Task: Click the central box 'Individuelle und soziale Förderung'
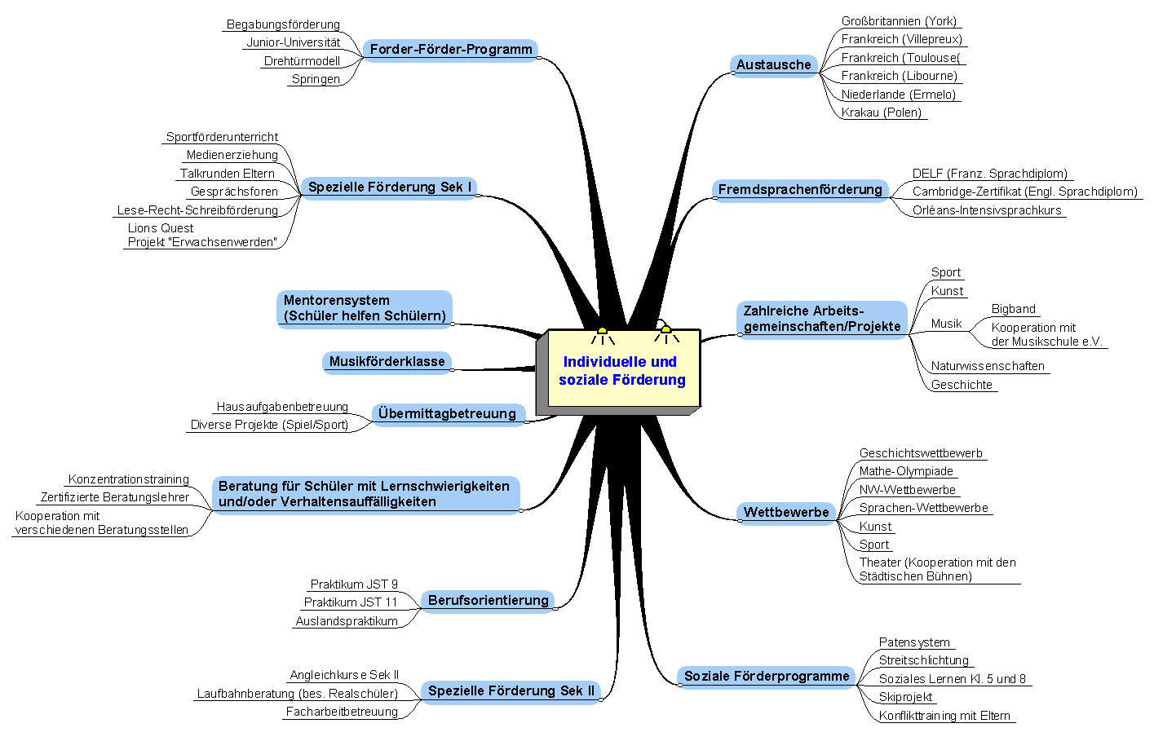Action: pyautogui.click(x=622, y=370)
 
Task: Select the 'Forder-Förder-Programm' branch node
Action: pyautogui.click(x=451, y=49)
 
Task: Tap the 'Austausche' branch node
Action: pyautogui.click(x=773, y=64)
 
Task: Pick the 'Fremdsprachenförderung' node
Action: pyautogui.click(x=800, y=190)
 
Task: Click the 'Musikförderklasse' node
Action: pyautogui.click(x=387, y=361)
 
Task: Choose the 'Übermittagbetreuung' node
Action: pyautogui.click(x=447, y=413)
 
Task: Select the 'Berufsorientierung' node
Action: pyautogui.click(x=488, y=600)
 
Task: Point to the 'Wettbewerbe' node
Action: pyautogui.click(x=786, y=512)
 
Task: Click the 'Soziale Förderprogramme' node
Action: pyautogui.click(x=767, y=676)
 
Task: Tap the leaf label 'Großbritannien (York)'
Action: pyautogui.click(x=899, y=21)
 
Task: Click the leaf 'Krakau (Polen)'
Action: pyautogui.click(x=882, y=112)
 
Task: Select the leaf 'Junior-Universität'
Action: pyautogui.click(x=294, y=42)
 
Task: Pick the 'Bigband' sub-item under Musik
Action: pyautogui.click(x=1014, y=309)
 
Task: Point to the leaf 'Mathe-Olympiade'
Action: pyautogui.click(x=906, y=471)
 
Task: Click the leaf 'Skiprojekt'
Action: pyautogui.click(x=905, y=697)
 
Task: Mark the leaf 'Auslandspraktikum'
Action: pyautogui.click(x=347, y=621)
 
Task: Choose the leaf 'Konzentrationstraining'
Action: pyautogui.click(x=129, y=479)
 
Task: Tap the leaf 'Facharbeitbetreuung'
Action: pyautogui.click(x=342, y=712)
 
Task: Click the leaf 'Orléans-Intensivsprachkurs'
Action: pyautogui.click(x=987, y=210)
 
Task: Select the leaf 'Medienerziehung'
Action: pyautogui.click(x=232, y=155)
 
